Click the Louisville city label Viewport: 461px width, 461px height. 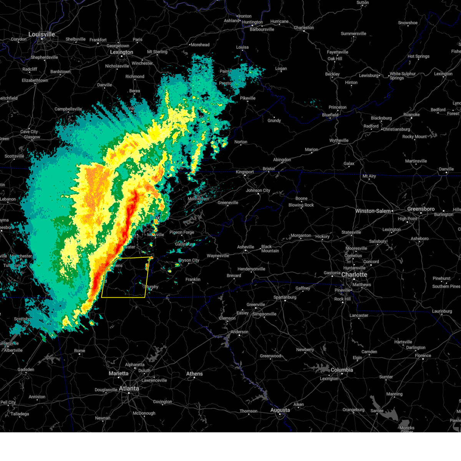click(x=42, y=35)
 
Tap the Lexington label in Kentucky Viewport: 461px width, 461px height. click(x=121, y=52)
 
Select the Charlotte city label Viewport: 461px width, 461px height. click(x=354, y=275)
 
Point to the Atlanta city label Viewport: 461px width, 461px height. click(x=129, y=389)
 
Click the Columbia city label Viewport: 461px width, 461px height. click(x=342, y=370)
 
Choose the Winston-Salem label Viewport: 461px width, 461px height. click(x=373, y=211)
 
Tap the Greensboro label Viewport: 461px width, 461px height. click(x=421, y=209)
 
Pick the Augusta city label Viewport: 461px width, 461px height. click(x=280, y=410)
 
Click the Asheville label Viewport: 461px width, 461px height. click(x=245, y=247)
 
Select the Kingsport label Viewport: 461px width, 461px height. click(x=245, y=172)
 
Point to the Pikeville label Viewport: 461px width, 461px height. click(x=247, y=98)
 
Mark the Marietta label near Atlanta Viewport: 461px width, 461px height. click(x=118, y=373)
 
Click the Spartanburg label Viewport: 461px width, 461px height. click(x=285, y=297)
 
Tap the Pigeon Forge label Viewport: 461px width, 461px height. click(x=182, y=232)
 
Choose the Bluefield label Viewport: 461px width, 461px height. click(x=330, y=115)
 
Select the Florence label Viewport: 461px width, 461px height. click(x=423, y=355)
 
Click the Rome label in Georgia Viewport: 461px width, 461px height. click(x=80, y=351)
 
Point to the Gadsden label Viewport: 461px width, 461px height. click(x=26, y=370)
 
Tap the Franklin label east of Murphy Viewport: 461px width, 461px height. click(x=193, y=279)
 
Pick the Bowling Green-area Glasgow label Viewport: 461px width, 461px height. click(x=32, y=137)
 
